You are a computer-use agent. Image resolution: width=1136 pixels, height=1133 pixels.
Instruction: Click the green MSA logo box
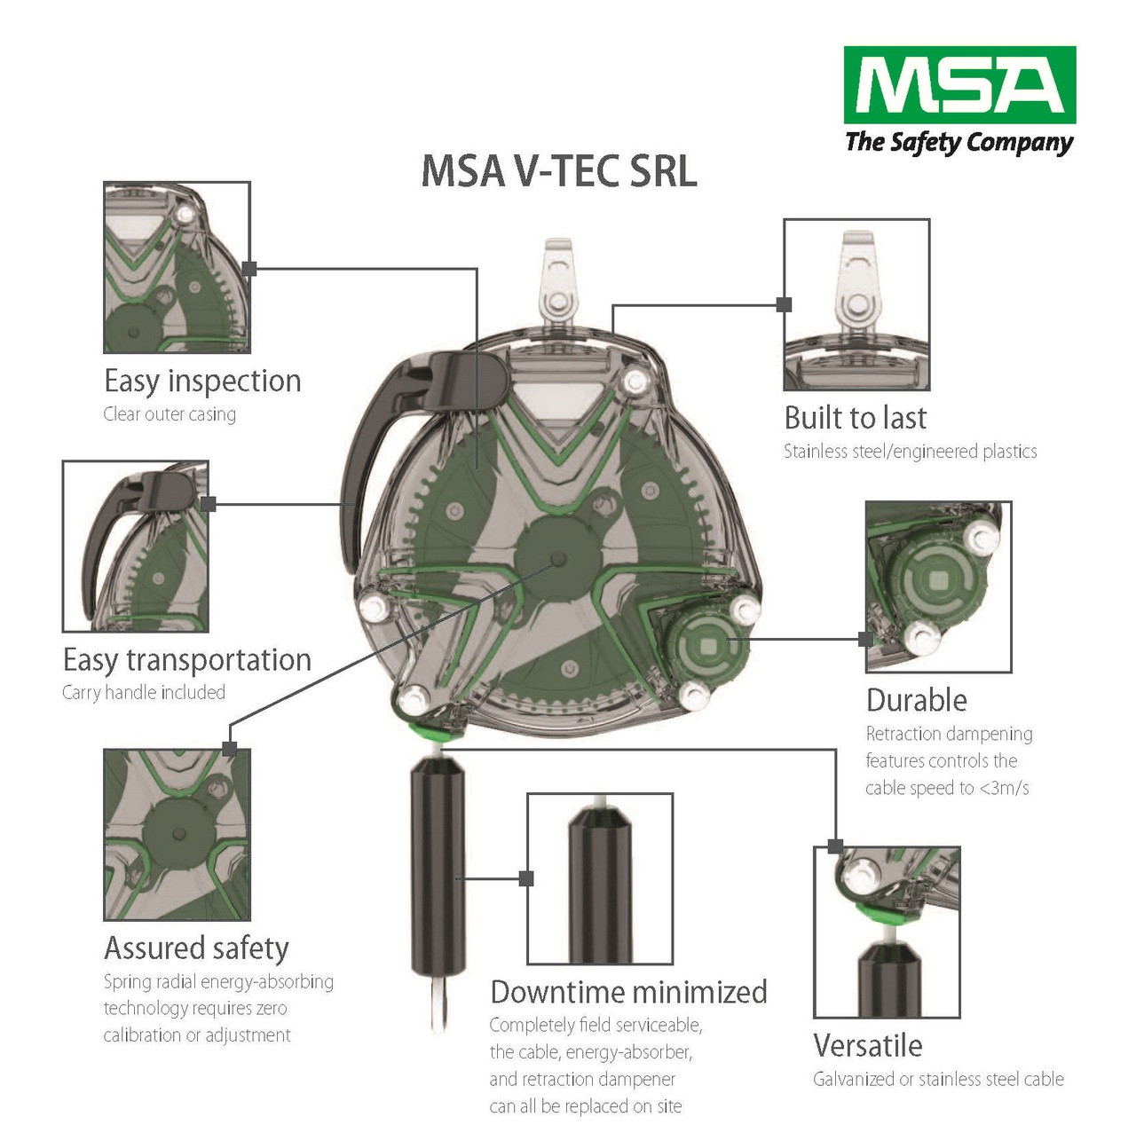[x=959, y=85]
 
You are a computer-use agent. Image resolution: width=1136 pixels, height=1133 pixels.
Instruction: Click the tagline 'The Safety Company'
[x=959, y=143]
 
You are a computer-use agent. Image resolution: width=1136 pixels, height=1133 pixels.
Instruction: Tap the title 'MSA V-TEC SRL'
[x=559, y=171]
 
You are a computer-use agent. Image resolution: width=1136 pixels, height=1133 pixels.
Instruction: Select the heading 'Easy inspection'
[x=202, y=382]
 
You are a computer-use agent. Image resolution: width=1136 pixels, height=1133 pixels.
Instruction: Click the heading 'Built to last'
[x=856, y=418]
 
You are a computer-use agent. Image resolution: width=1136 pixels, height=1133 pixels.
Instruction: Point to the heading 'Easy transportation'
[x=187, y=660]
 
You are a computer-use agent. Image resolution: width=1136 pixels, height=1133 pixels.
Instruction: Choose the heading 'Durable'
[x=916, y=700]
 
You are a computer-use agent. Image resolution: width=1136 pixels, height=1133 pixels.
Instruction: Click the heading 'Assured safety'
[x=196, y=948]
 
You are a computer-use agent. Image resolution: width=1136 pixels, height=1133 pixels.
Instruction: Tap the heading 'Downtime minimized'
[x=628, y=992]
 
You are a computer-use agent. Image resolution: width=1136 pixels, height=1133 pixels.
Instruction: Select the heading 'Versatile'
[x=867, y=1046]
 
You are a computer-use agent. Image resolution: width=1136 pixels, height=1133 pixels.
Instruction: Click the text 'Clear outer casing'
[x=170, y=414]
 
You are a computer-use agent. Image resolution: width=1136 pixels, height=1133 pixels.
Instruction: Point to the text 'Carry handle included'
[x=144, y=693]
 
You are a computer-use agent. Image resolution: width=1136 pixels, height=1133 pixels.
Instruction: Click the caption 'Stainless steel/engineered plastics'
[x=910, y=452]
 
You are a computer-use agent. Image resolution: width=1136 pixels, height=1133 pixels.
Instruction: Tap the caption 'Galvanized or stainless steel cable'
[x=938, y=1080]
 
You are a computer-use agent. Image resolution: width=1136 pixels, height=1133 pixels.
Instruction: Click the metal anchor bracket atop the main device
[x=558, y=284]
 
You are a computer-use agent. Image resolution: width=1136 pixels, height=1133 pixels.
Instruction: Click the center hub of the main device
[x=556, y=558]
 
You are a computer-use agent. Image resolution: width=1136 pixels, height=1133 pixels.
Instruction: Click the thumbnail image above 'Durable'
[x=938, y=586]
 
